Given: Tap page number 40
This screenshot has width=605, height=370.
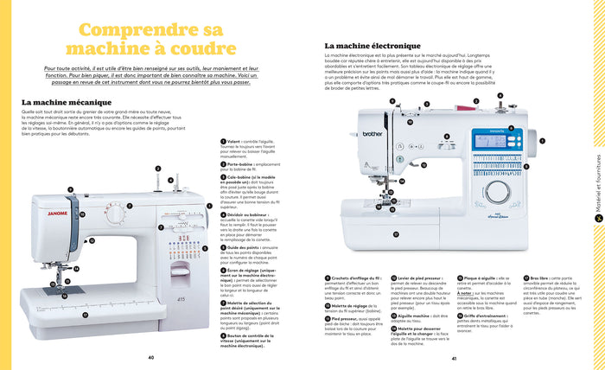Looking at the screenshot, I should [x=151, y=356].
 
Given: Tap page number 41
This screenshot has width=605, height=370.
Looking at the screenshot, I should [x=453, y=356].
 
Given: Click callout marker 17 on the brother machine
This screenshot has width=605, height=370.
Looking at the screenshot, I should [x=396, y=233].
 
